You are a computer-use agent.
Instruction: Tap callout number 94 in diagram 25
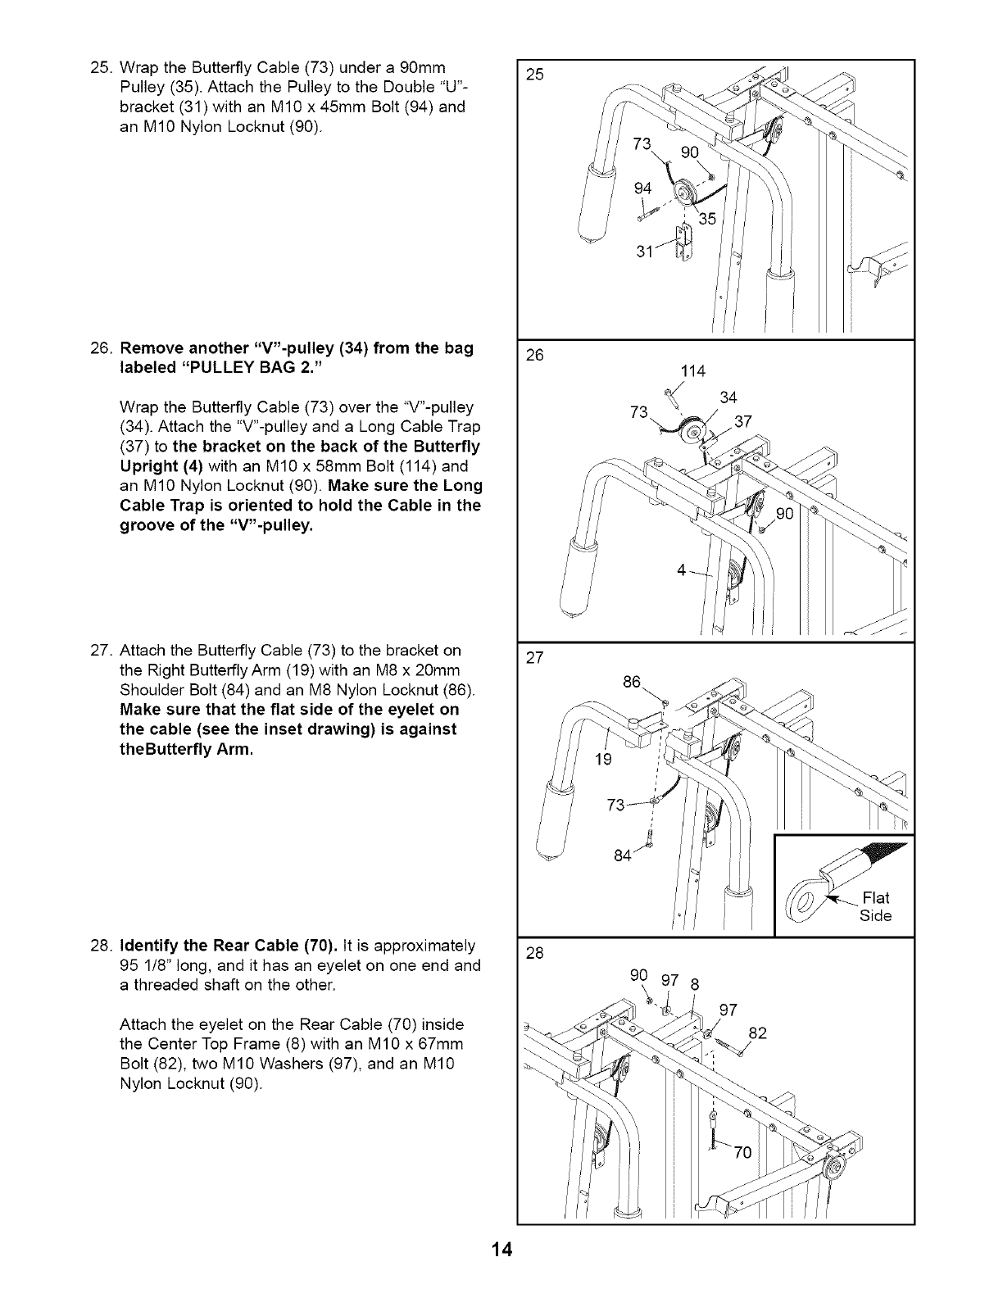tap(643, 189)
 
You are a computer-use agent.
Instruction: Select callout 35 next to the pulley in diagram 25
tap(707, 219)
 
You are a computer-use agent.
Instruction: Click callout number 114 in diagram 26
tap(693, 371)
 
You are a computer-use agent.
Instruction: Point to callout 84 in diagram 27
tap(623, 855)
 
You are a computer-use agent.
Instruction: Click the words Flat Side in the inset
tap(874, 905)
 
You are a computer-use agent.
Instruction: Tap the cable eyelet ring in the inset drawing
tap(804, 905)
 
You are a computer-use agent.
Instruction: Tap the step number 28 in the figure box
tap(536, 953)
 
